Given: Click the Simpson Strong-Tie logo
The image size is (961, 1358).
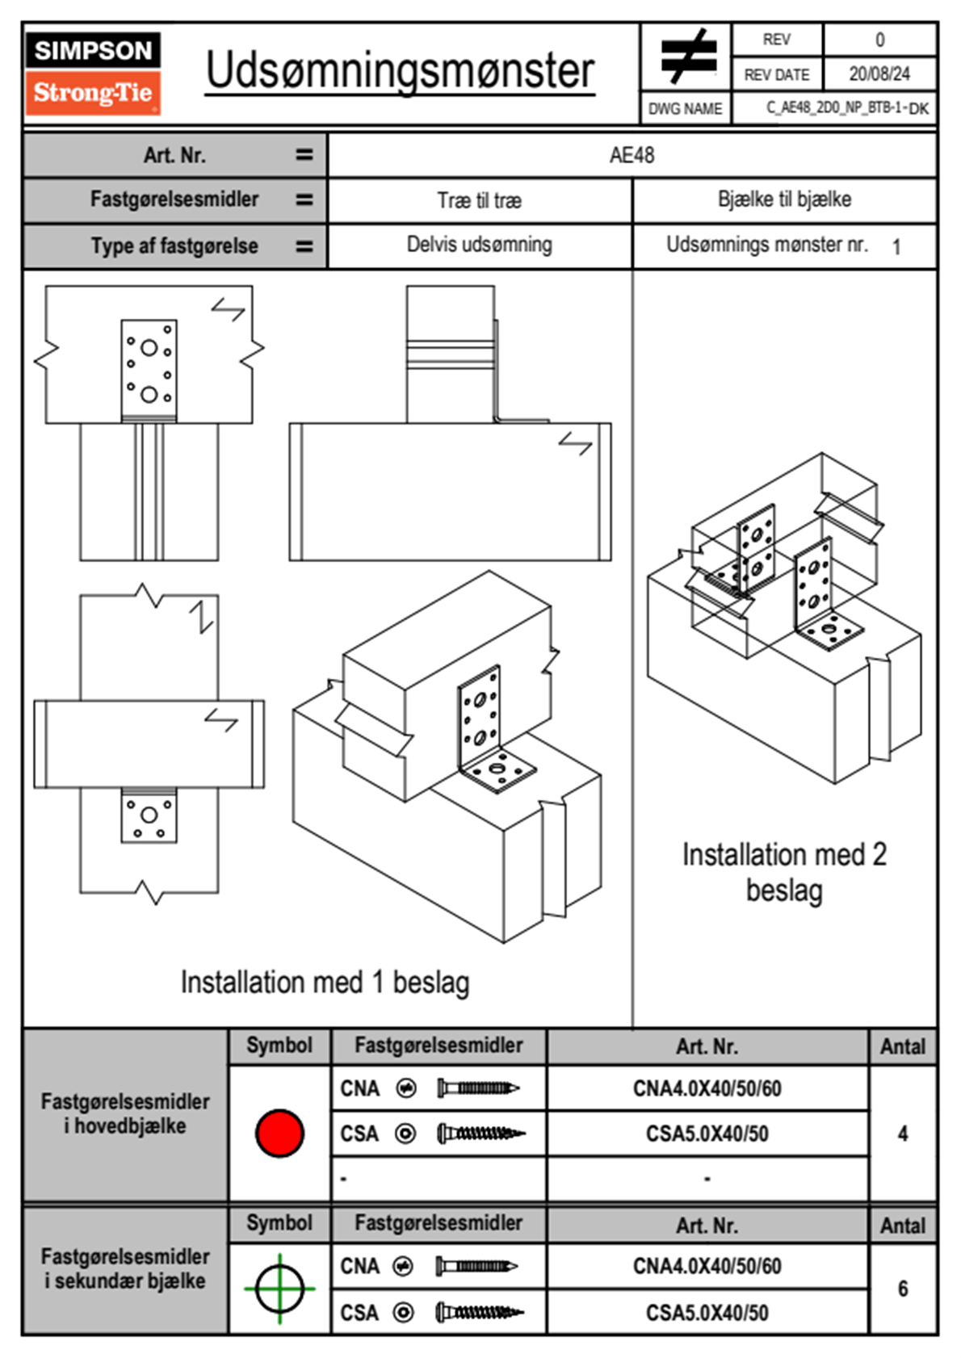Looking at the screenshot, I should (x=92, y=73).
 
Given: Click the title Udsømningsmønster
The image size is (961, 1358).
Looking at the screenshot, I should (x=400, y=71).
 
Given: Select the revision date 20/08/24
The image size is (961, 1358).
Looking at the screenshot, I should (x=879, y=74).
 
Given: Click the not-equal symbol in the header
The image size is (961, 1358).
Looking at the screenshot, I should (x=687, y=57).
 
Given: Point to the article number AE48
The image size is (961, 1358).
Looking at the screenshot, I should (x=632, y=155).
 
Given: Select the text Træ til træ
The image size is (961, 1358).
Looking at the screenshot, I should (x=479, y=200).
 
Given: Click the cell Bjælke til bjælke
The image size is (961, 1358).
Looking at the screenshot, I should (x=784, y=199).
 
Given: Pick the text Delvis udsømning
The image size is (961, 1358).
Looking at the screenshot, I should (x=479, y=245).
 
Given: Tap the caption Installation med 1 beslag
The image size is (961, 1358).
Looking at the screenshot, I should (x=325, y=983).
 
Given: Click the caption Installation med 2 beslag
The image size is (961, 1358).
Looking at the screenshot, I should (x=784, y=873).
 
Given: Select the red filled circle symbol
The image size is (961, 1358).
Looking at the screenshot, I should (x=279, y=1133).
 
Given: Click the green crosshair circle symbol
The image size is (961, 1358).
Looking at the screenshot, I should (x=279, y=1289).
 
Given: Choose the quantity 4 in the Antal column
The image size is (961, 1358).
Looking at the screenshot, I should (x=902, y=1134).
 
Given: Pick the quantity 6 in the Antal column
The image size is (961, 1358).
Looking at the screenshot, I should (x=902, y=1289).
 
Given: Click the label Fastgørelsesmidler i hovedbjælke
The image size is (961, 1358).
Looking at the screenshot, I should (x=125, y=1113).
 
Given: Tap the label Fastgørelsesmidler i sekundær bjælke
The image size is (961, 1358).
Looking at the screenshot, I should (x=125, y=1268).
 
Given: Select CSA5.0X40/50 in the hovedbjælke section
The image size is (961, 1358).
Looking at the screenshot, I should (x=707, y=1134).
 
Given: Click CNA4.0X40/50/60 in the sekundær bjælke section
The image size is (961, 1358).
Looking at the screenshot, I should (x=707, y=1266).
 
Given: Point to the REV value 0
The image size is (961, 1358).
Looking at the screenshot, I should (x=879, y=40).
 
